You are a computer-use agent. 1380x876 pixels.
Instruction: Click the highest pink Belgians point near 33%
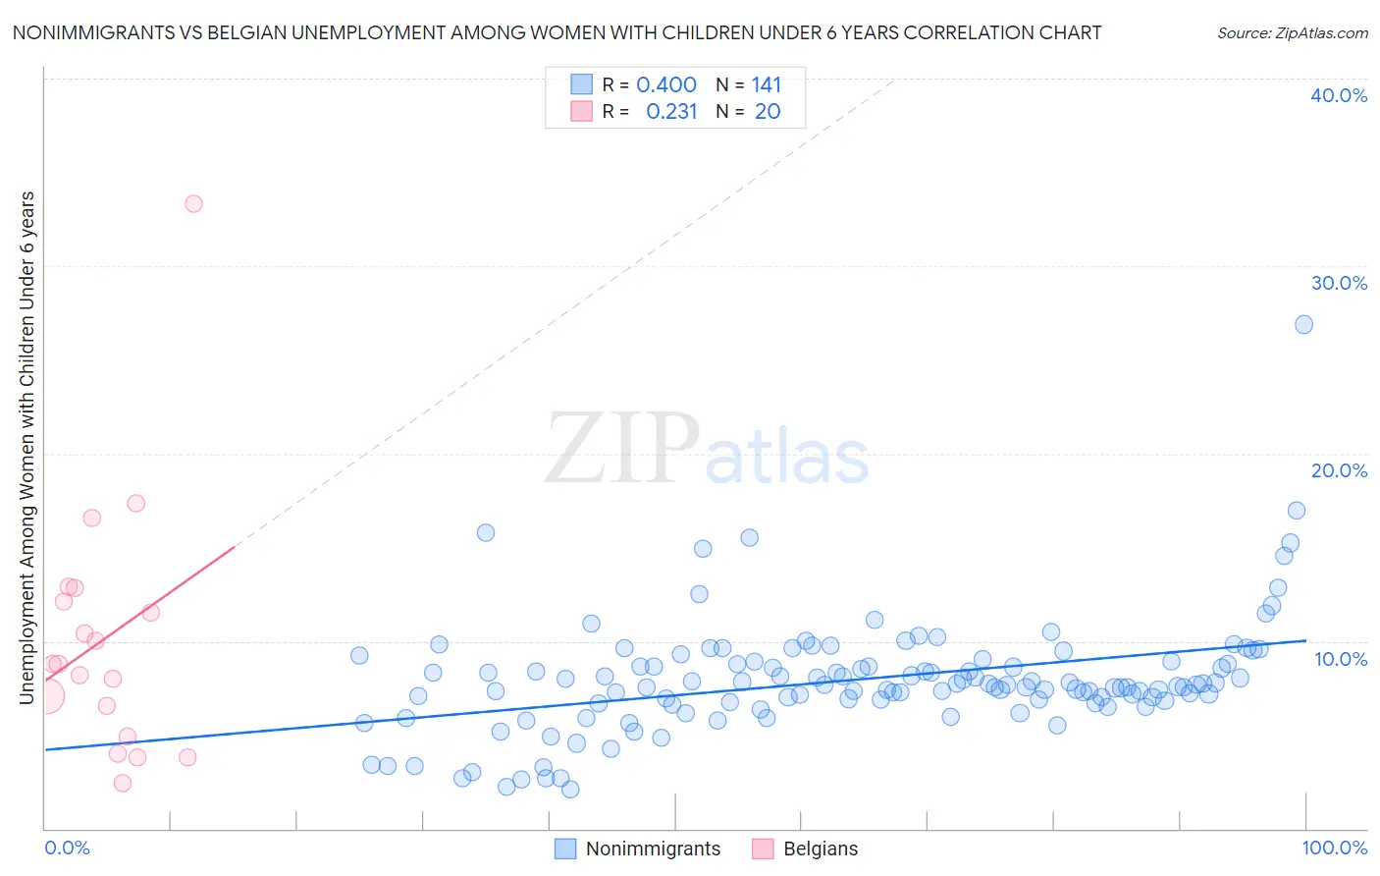pos(193,204)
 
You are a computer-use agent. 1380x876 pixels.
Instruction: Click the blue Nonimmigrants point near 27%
pos(1303,325)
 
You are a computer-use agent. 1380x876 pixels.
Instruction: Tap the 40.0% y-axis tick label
pos(1339,95)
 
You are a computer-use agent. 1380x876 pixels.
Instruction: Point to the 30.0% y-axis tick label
pos(1339,283)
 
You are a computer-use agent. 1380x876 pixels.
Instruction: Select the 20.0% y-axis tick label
pos(1339,470)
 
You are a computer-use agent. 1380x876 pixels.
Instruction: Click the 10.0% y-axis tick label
pos(1341,659)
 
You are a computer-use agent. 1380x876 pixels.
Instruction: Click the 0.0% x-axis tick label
pos(67,848)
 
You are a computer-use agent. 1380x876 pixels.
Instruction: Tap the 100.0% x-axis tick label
pos(1335,848)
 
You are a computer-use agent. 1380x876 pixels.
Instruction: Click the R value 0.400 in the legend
pos(666,85)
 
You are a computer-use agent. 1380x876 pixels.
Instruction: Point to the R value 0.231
pos(671,112)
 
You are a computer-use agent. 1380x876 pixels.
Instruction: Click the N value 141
pos(767,85)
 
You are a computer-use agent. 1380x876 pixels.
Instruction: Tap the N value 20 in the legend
pos(768,112)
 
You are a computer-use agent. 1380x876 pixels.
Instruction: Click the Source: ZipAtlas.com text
pos(1293,33)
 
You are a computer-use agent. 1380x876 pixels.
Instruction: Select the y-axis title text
pos(27,448)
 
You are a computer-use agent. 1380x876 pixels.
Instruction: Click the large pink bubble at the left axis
pos(45,696)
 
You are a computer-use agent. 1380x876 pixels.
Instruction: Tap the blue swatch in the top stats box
pos(582,84)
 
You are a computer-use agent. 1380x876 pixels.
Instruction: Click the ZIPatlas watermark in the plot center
pos(707,450)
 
